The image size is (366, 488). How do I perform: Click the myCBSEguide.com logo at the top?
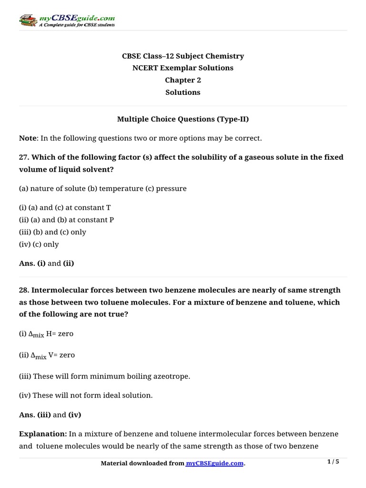[67, 20]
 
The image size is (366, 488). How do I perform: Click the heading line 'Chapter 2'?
[183, 80]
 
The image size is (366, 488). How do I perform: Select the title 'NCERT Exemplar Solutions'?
[183, 68]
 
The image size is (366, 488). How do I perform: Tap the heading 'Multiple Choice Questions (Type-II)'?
[183, 119]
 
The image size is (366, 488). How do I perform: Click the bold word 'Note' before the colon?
[28, 138]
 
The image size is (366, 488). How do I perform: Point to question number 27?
[24, 157]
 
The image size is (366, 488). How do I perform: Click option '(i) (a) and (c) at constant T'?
[65, 208]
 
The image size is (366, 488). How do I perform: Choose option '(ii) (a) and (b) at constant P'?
[66, 220]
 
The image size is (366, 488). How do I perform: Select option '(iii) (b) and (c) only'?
[52, 232]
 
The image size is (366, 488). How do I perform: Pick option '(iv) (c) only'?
[39, 244]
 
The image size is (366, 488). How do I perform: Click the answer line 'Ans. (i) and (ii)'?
[47, 263]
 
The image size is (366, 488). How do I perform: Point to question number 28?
[24, 290]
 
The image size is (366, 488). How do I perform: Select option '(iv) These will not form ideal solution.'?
[86, 395]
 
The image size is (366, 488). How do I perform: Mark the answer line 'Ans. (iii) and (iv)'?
[50, 415]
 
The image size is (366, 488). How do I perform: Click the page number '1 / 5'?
[333, 462]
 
